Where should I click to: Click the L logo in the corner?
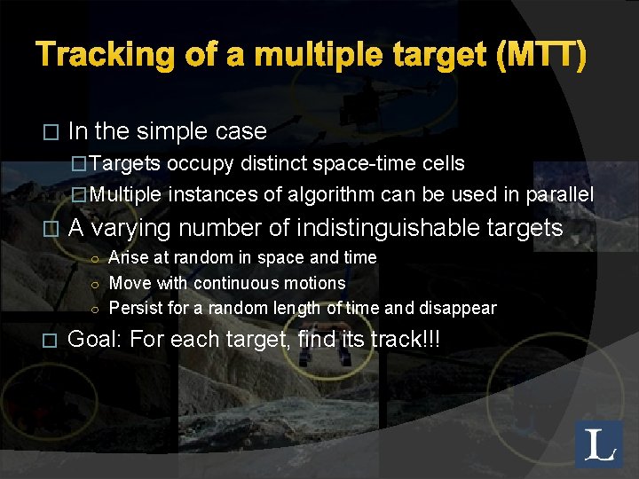click(599, 444)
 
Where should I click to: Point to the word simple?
click(171, 131)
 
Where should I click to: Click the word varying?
click(138, 228)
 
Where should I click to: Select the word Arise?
click(130, 257)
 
